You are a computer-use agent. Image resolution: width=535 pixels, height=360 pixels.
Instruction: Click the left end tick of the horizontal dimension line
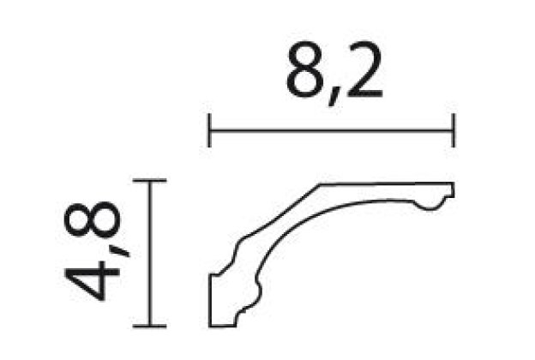pyautogui.click(x=209, y=131)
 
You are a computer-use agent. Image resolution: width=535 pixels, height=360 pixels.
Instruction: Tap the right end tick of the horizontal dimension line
pyautogui.click(x=454, y=131)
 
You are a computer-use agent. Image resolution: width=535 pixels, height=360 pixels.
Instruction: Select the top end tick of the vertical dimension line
pyautogui.click(x=151, y=182)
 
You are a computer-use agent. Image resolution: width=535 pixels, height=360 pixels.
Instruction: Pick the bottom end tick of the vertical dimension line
pyautogui.click(x=151, y=326)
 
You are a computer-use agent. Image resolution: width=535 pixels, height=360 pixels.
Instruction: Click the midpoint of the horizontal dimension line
pyautogui.click(x=331, y=131)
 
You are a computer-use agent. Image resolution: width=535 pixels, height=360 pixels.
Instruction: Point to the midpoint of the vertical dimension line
pyautogui.click(x=151, y=254)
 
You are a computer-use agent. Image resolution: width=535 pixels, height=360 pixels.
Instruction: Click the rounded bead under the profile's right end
pyautogui.click(x=433, y=202)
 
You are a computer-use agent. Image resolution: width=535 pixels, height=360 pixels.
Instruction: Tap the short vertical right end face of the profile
pyautogui.click(x=454, y=189)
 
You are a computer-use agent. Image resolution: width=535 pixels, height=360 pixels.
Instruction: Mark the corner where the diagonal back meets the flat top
pyautogui.click(x=321, y=183)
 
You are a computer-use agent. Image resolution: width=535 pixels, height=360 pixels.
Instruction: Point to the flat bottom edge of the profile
pyautogui.click(x=225, y=326)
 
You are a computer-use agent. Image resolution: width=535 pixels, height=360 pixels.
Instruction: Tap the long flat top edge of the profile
pyautogui.click(x=386, y=183)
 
